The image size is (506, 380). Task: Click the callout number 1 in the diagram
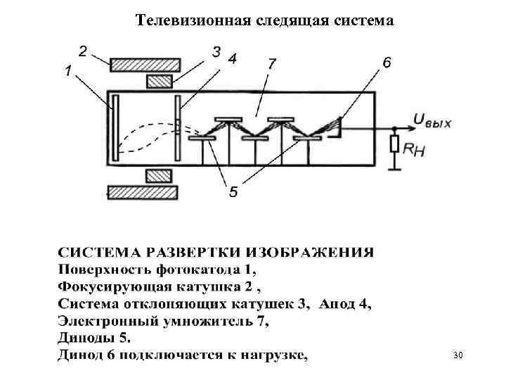click(x=68, y=71)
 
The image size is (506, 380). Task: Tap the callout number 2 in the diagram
click(x=83, y=51)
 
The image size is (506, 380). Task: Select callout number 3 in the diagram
click(x=216, y=51)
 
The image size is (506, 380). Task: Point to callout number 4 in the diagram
click(x=232, y=58)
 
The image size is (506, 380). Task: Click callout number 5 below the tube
click(x=233, y=191)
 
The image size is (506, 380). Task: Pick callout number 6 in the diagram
click(x=387, y=63)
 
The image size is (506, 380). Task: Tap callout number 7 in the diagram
click(x=271, y=63)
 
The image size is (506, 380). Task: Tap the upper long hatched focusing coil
click(x=142, y=64)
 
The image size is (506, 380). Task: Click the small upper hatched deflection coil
click(x=159, y=82)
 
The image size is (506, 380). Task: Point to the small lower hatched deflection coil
click(x=159, y=175)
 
